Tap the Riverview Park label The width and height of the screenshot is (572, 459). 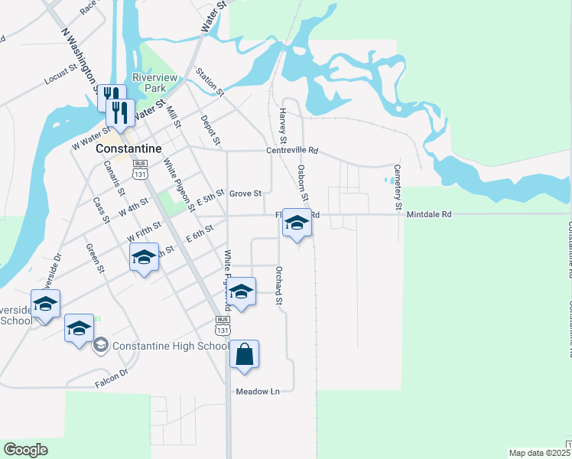[154, 83]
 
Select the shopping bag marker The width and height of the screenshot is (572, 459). [244, 355]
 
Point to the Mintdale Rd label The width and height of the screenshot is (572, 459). [429, 215]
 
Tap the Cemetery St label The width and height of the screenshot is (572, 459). [398, 187]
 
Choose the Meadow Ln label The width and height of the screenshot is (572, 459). [258, 391]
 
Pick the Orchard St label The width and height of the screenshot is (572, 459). [280, 285]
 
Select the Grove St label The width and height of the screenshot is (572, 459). [245, 194]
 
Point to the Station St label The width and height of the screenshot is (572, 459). [209, 82]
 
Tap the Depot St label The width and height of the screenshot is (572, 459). [210, 130]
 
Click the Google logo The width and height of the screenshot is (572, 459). [25, 450]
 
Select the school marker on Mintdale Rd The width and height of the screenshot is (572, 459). [297, 223]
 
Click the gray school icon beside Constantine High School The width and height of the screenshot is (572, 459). [100, 346]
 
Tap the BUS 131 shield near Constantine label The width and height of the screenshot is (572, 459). [139, 169]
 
